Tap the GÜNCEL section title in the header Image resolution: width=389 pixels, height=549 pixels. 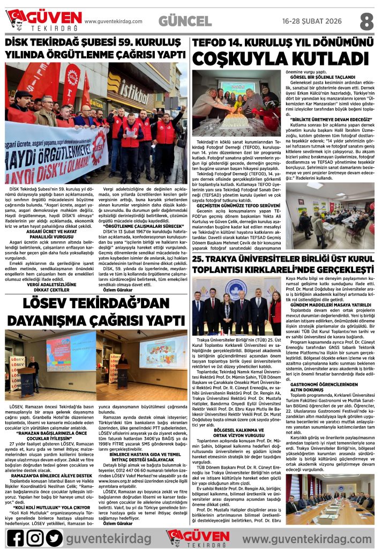[185, 21]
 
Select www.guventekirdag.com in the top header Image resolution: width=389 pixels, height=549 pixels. [114, 21]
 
